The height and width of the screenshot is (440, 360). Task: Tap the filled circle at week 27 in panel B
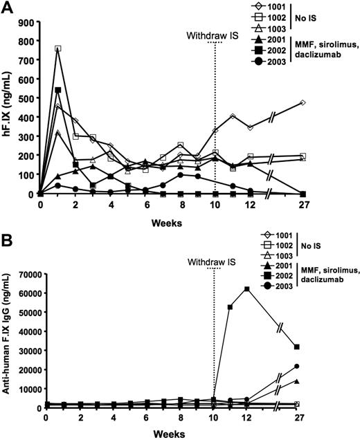pos(336,366)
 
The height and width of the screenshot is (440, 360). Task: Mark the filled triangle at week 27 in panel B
pos(336,381)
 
